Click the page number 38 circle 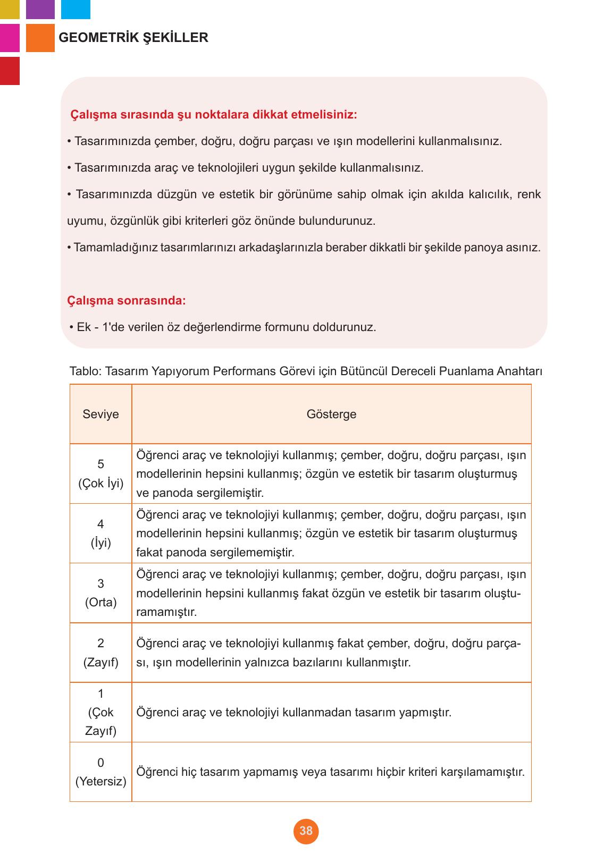(x=306, y=831)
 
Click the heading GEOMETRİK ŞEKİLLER (x=133, y=38)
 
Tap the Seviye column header (x=100, y=414)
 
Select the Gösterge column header (x=331, y=414)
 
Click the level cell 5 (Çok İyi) (x=100, y=473)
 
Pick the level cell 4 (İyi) (x=100, y=534)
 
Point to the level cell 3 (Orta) (x=100, y=593)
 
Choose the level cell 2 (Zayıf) (x=100, y=653)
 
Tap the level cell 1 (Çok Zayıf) (x=100, y=712)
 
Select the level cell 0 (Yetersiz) (x=100, y=772)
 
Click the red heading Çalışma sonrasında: (x=127, y=301)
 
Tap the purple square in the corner (x=40, y=9)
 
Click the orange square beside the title (x=40, y=38)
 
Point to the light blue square (x=76, y=9)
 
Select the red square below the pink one (x=10, y=71)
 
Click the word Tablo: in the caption (x=85, y=371)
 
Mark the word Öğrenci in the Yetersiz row (x=157, y=772)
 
